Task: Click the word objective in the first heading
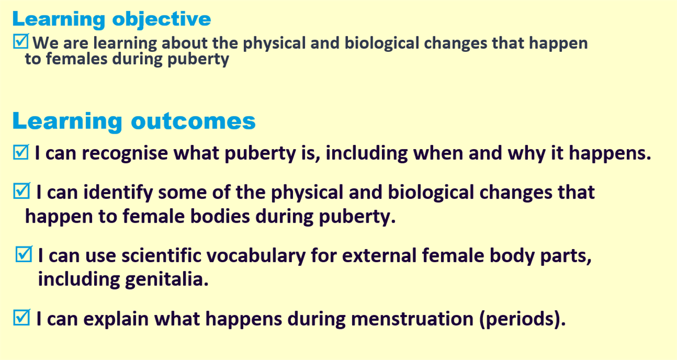[161, 20]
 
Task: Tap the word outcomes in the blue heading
[193, 121]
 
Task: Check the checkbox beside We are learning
[21, 41]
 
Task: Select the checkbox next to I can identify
[22, 191]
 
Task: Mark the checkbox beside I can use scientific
[24, 254]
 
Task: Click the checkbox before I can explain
[22, 317]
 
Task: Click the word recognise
[125, 153]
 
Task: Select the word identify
[118, 193]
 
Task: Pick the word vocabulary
[257, 256]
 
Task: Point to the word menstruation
[412, 319]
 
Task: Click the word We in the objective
[45, 43]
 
